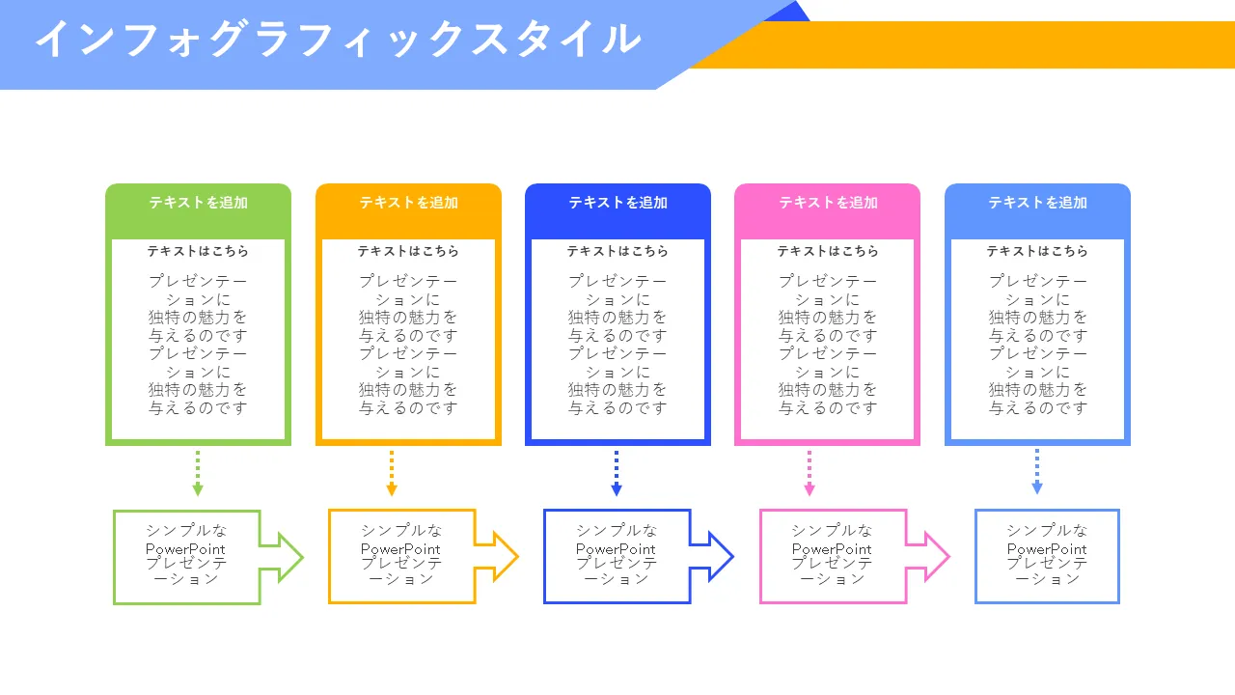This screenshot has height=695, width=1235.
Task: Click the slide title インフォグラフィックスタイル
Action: click(338, 40)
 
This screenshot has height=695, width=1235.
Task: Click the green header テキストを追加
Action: click(198, 203)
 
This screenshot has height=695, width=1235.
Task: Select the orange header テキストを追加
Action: click(408, 203)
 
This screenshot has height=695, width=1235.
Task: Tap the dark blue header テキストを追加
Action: click(617, 203)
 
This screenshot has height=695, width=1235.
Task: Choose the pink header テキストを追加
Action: click(828, 203)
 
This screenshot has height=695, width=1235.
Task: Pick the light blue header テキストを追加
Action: click(1037, 203)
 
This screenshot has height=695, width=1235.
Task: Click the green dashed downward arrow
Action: click(198, 473)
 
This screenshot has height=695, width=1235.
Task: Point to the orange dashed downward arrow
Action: click(392, 473)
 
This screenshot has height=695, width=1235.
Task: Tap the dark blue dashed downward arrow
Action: click(617, 473)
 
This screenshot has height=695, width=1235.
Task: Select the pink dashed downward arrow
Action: click(810, 473)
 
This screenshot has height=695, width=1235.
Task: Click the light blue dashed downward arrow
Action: click(1037, 473)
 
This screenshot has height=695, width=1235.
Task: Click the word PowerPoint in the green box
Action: click(185, 549)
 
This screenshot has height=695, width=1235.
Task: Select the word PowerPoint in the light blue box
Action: click(1047, 549)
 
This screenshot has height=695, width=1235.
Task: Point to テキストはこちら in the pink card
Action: click(828, 251)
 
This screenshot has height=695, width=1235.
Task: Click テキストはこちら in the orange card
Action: click(408, 251)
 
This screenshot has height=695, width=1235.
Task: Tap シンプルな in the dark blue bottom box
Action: click(617, 531)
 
